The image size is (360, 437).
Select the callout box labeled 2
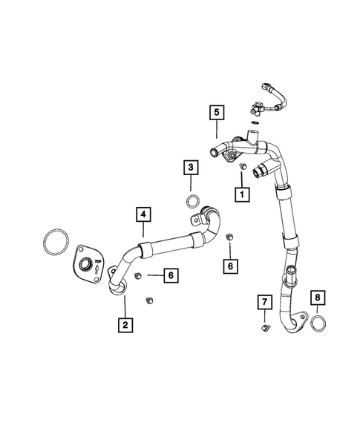tap(125, 323)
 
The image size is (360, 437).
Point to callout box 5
tap(217, 113)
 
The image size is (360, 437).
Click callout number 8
tap(318, 300)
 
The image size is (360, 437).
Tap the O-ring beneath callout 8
tap(318, 324)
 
